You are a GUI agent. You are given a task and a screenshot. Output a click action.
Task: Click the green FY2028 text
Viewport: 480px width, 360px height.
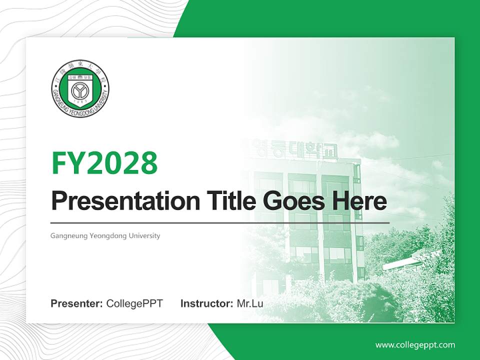coord(104,163)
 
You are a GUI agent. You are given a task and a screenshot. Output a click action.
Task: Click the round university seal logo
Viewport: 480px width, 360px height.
coord(80,89)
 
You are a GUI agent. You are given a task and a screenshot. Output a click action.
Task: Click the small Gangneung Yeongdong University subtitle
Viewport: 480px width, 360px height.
coord(105,235)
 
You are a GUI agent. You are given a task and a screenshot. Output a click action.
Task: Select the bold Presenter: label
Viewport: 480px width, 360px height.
coord(77,303)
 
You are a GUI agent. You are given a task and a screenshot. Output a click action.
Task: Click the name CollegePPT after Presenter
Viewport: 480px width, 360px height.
coord(134,303)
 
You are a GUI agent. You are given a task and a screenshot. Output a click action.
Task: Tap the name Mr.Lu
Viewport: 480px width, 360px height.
coord(250,303)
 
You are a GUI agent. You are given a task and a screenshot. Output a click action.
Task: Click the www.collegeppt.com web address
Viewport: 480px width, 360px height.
coord(415,345)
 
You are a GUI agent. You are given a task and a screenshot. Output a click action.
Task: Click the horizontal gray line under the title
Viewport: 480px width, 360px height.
coord(220,222)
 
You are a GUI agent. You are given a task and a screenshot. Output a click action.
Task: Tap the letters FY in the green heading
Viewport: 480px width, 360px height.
coord(68,163)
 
